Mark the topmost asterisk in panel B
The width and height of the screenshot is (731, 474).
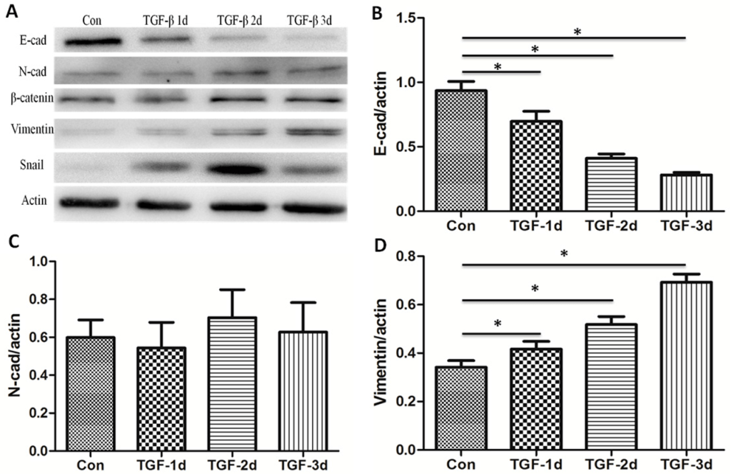(577, 32)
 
